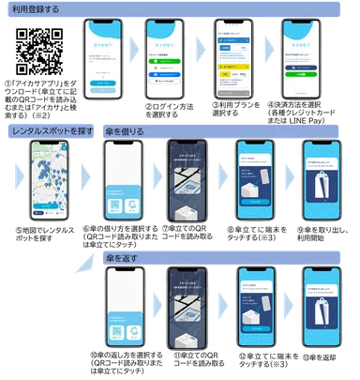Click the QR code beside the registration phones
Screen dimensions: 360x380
pos(41,53)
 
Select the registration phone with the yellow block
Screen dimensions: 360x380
pos(236,61)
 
